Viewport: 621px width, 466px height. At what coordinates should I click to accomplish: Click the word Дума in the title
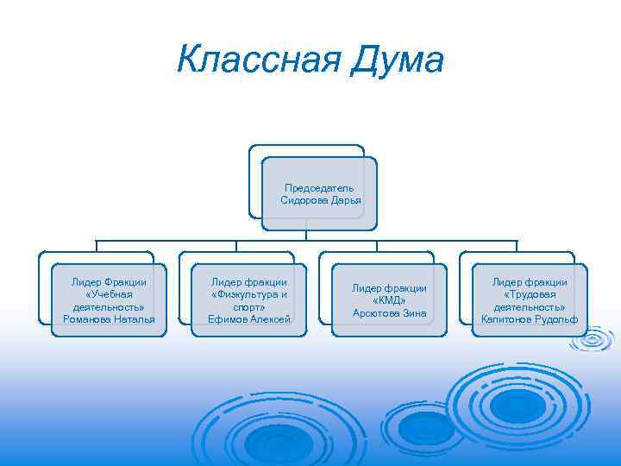pyautogui.click(x=398, y=60)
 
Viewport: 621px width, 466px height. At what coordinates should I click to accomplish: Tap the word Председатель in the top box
pyautogui.click(x=319, y=188)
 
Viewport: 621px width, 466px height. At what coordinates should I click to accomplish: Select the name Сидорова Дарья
pyautogui.click(x=320, y=200)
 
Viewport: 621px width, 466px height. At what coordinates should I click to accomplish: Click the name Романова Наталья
pyautogui.click(x=109, y=319)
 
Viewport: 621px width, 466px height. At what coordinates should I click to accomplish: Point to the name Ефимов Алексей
pyautogui.click(x=249, y=319)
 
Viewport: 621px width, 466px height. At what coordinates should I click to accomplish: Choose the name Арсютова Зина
pyautogui.click(x=389, y=312)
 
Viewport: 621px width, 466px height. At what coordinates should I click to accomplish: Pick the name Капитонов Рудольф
pyautogui.click(x=530, y=319)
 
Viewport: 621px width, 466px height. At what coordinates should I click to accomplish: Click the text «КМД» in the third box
pyautogui.click(x=389, y=300)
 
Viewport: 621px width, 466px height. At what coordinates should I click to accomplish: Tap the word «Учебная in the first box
pyautogui.click(x=109, y=294)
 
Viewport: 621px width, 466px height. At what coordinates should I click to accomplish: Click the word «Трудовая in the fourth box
pyautogui.click(x=530, y=294)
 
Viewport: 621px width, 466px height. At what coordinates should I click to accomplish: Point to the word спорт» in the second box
pyautogui.click(x=249, y=307)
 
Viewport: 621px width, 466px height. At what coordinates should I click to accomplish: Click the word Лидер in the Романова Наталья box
pyautogui.click(x=86, y=282)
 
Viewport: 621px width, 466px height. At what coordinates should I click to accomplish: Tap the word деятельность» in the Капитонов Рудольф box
pyautogui.click(x=530, y=307)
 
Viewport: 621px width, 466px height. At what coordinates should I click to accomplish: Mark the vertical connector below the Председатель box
pyautogui.click(x=307, y=235)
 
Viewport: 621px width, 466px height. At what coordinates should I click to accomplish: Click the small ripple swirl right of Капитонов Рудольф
pyautogui.click(x=593, y=343)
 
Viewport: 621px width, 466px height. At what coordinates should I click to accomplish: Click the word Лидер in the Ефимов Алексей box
pyautogui.click(x=227, y=282)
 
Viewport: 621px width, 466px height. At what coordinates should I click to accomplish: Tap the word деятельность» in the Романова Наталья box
pyautogui.click(x=109, y=307)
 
